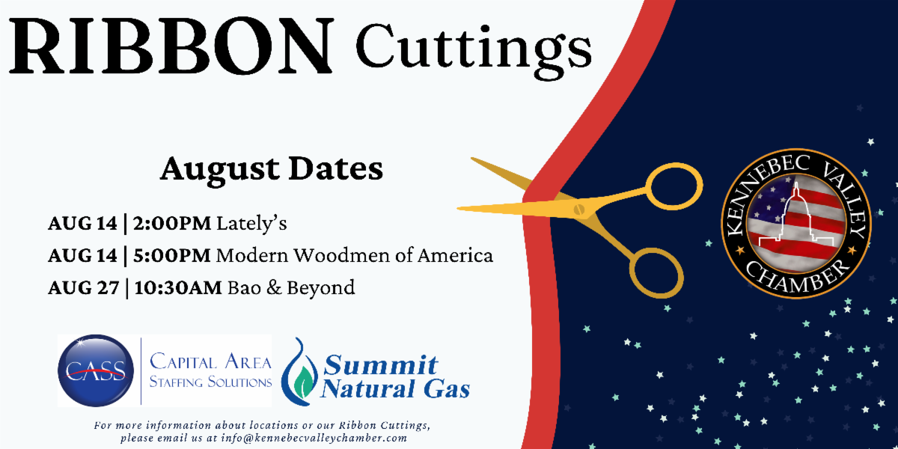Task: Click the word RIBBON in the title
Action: pos(171,46)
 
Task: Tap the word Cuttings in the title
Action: pos(474,51)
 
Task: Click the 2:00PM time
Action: pos(172,223)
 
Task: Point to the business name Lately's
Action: pos(251,223)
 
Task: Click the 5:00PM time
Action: pos(172,255)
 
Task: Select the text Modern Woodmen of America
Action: pos(355,255)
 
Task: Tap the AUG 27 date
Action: pos(83,287)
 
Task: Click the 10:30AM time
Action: pos(178,287)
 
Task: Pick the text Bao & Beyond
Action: pos(291,288)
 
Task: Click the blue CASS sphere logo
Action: pos(96,371)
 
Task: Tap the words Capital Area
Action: pos(210,361)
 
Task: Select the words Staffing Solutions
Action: pos(210,382)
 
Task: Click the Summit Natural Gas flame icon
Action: pos(299,372)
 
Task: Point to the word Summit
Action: pos(380,365)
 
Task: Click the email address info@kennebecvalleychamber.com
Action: pos(314,438)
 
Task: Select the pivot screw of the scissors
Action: pos(578,210)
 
